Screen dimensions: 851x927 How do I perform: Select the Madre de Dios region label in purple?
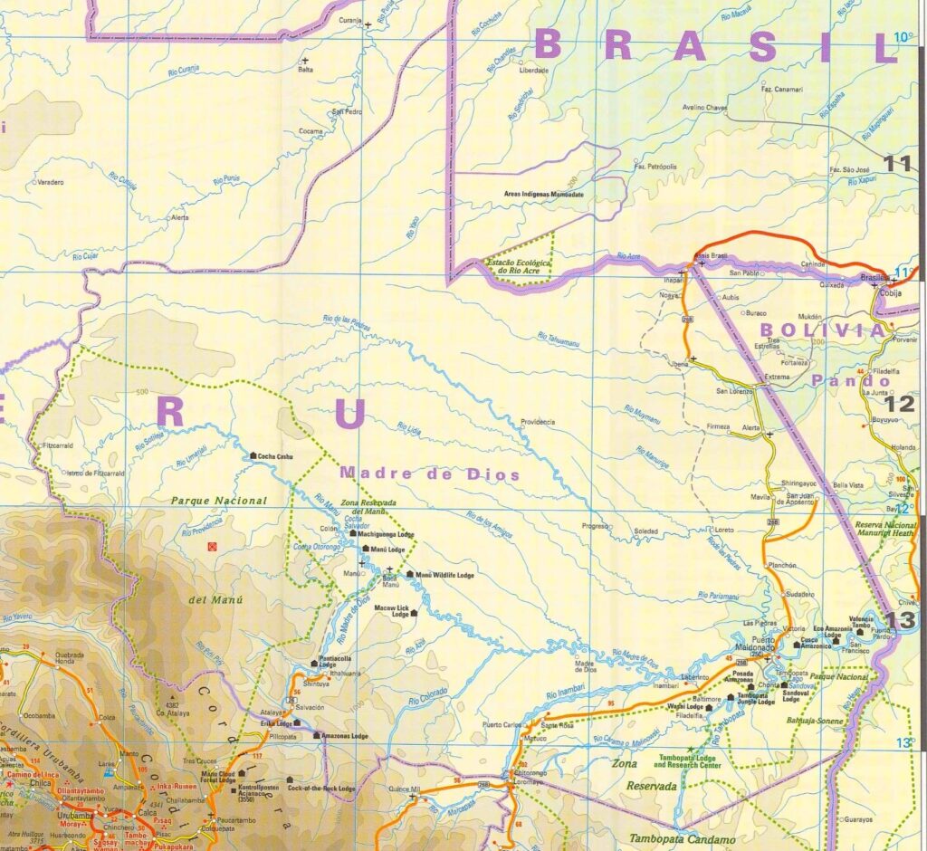coord(430,473)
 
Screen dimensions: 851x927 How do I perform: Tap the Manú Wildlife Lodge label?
coord(444,575)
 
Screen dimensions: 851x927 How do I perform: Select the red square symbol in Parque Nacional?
coord(213,547)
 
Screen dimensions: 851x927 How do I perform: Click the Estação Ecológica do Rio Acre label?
coord(520,266)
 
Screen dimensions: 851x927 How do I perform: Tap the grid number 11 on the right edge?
coord(898,164)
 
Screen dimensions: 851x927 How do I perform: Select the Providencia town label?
coord(538,422)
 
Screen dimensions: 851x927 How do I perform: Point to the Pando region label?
coord(838,380)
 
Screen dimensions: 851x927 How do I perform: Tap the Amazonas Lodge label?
coord(347,737)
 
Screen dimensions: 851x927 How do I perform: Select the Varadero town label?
coord(50,182)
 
